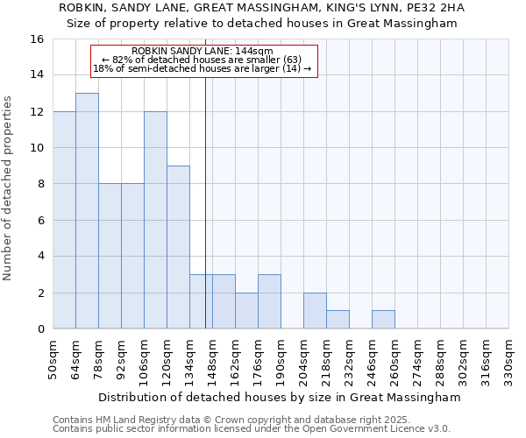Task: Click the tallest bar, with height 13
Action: (x=87, y=210)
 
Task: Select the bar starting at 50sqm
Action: (x=64, y=220)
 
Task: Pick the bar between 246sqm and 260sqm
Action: (x=383, y=320)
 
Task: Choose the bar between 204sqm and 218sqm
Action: (x=315, y=311)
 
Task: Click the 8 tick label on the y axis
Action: (x=40, y=184)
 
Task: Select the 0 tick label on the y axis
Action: (x=40, y=329)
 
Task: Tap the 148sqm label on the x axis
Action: (x=213, y=359)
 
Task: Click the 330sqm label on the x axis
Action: (x=509, y=359)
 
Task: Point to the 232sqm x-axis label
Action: (x=350, y=359)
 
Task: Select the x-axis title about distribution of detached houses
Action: (x=280, y=397)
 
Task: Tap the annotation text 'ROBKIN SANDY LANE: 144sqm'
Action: (x=203, y=52)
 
